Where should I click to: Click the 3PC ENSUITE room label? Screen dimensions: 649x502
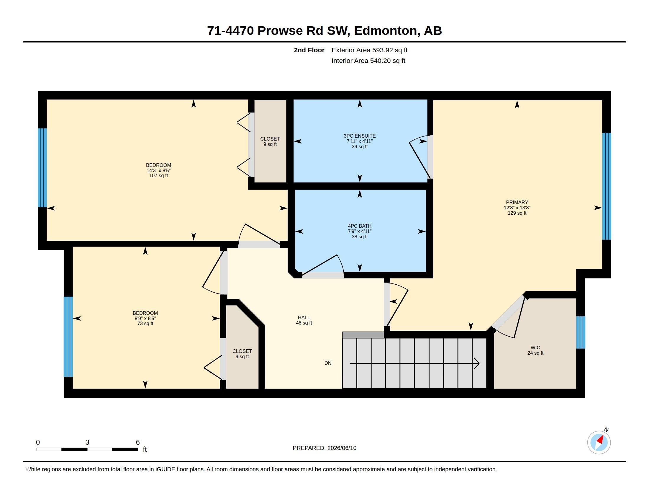(360, 136)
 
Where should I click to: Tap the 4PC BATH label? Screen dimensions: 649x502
(360, 226)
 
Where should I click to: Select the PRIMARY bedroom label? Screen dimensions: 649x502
(517, 202)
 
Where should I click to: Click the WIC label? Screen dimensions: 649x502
(535, 348)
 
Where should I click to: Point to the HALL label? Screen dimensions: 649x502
(304, 318)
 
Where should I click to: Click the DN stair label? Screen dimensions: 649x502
(328, 363)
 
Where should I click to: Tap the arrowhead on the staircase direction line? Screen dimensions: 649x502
(477, 364)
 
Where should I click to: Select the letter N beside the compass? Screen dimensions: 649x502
(606, 430)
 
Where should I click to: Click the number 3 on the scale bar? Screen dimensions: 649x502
(87, 442)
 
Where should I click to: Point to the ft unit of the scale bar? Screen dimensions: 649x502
(145, 449)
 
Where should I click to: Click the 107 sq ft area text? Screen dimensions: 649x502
(158, 176)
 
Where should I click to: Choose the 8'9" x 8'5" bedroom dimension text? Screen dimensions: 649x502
(145, 318)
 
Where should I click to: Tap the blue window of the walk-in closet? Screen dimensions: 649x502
(581, 332)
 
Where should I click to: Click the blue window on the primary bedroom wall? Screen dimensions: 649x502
(607, 186)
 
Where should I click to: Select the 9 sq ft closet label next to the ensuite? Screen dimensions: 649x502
(270, 144)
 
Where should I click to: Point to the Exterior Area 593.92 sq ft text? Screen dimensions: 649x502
(369, 50)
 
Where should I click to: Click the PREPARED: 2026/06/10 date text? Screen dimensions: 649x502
(324, 448)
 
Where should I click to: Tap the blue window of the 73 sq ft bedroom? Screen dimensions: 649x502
(68, 337)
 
